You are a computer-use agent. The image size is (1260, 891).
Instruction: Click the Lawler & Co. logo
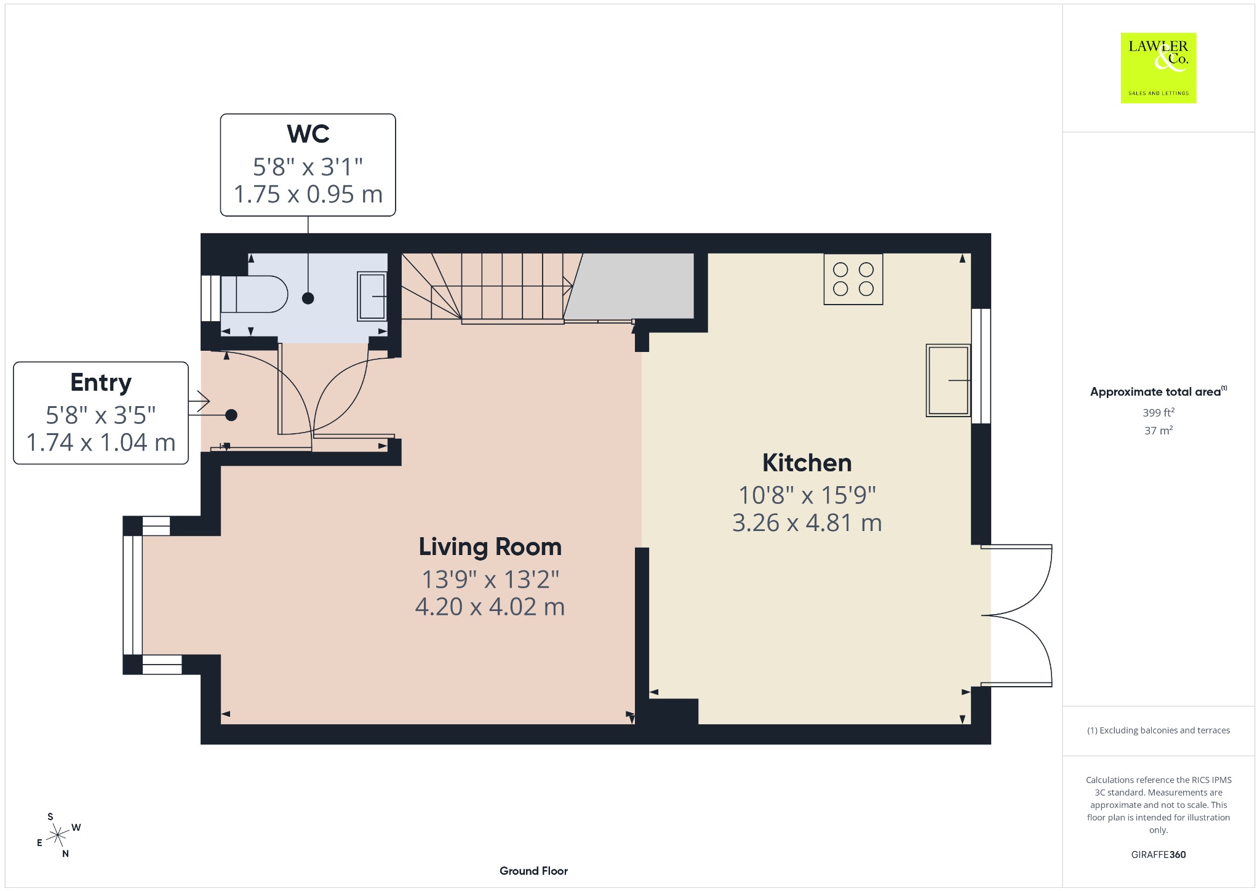pos(1158,68)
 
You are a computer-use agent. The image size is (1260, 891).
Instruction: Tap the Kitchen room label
pos(807,463)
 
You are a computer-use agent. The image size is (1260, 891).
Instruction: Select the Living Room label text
pos(490,546)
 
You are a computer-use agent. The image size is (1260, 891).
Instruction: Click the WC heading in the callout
pos(308,134)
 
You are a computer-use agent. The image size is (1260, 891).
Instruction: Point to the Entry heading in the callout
pos(101,383)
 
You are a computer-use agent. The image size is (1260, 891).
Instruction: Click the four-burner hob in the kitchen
pos(853,279)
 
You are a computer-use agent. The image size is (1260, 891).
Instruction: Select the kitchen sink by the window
pos(948,380)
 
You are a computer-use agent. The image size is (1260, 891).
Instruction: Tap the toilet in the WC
pos(254,294)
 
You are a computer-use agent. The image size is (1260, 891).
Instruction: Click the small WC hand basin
pos(372,296)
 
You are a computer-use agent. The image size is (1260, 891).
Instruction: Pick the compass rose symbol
pos(58,835)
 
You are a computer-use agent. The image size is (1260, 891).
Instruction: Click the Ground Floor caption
pos(533,871)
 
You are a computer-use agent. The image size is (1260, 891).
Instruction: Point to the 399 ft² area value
pos(1158,412)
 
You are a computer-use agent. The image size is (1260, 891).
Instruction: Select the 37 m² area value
pos(1158,430)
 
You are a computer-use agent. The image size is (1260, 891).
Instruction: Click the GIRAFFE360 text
pos(1158,854)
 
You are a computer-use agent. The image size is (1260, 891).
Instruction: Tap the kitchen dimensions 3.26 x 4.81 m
pos(807,522)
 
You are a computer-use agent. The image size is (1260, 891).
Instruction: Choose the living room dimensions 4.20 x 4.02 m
pos(490,607)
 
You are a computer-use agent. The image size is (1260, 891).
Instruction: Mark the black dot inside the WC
pos(308,298)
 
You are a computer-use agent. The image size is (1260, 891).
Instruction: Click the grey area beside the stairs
pos(631,286)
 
